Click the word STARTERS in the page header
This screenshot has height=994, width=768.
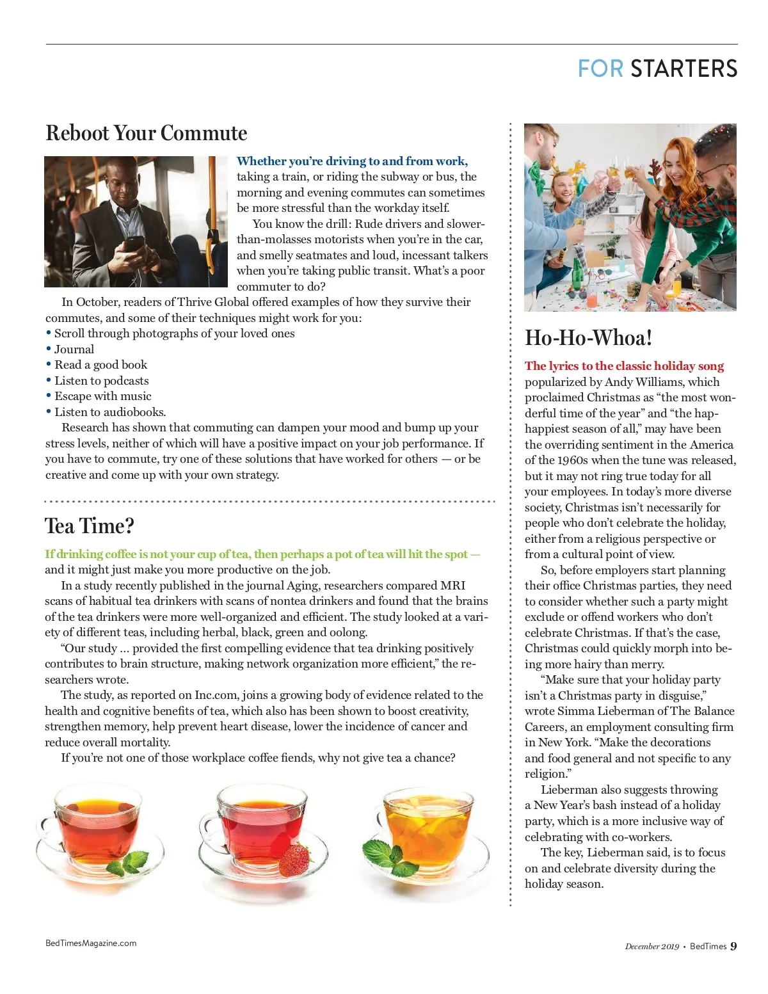point(684,68)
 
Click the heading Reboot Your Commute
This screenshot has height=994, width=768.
point(146,133)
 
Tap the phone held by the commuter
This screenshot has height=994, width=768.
point(133,244)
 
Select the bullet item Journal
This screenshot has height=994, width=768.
point(74,349)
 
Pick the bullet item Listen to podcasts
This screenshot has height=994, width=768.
point(101,381)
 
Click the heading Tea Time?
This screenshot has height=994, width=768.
point(90,526)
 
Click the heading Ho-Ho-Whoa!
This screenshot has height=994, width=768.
point(588,338)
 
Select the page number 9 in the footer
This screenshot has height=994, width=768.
point(733,946)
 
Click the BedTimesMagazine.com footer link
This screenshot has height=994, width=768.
point(91,943)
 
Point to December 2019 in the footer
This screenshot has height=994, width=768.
point(652,947)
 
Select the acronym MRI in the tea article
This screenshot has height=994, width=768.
point(452,586)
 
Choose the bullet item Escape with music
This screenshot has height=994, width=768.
point(102,396)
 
